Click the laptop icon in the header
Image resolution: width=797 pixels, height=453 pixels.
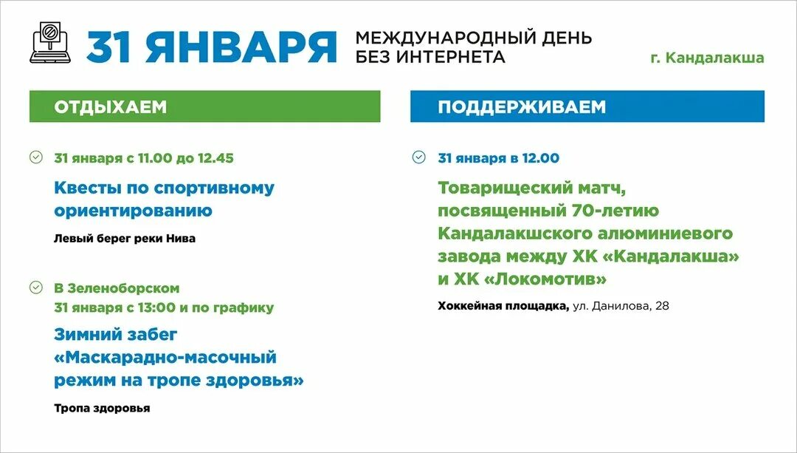pyautogui.click(x=50, y=43)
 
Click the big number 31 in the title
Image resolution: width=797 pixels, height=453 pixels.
pyautogui.click(x=111, y=47)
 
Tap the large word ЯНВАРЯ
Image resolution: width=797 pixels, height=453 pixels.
pyautogui.click(x=241, y=47)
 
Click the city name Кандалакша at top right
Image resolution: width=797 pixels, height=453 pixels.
pyautogui.click(x=715, y=58)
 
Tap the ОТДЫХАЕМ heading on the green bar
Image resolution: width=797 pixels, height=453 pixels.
pyautogui.click(x=111, y=107)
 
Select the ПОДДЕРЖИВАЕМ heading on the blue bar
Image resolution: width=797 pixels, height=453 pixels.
pyautogui.click(x=522, y=107)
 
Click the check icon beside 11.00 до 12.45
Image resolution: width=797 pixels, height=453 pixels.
pyautogui.click(x=35, y=157)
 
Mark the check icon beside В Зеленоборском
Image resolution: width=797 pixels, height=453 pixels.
pyautogui.click(x=35, y=287)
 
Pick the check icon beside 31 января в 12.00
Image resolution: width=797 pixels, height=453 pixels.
pyautogui.click(x=418, y=157)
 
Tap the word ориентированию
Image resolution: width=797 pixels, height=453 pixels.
pyautogui.click(x=133, y=211)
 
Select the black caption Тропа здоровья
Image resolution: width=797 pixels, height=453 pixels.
pyautogui.click(x=102, y=408)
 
